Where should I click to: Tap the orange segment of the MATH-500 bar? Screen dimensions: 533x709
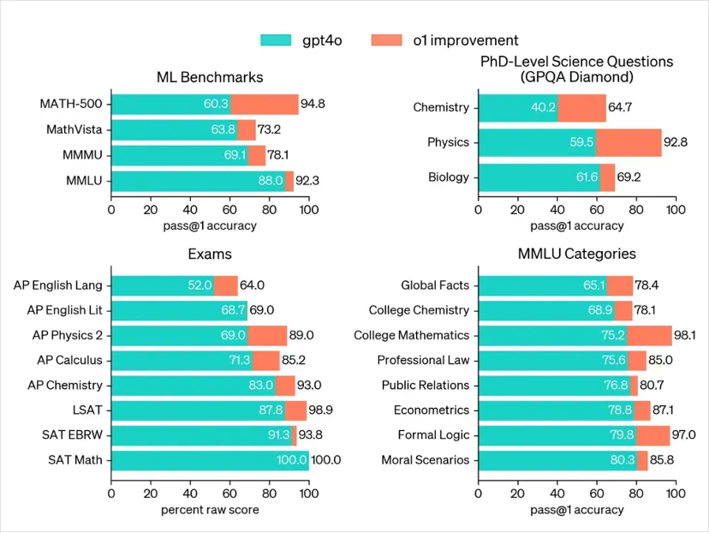(264, 105)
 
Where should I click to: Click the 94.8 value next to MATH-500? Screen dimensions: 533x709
(313, 105)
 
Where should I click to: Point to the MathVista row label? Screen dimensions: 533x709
(74, 129)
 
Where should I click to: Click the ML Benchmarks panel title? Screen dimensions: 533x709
(210, 77)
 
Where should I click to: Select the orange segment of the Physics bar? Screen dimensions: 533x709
(629, 142)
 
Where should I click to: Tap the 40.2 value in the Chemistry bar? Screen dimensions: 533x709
(544, 107)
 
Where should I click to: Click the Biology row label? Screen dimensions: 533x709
(449, 177)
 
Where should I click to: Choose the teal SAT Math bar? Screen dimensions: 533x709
(209, 460)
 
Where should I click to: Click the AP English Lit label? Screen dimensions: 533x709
(64, 310)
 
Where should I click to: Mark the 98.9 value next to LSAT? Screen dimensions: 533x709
(323, 410)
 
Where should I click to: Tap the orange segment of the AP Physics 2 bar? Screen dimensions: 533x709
(267, 335)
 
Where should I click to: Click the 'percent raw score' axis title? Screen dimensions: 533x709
(210, 511)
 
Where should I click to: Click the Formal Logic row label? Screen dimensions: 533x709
(433, 435)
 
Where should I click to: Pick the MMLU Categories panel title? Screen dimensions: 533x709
(577, 254)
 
